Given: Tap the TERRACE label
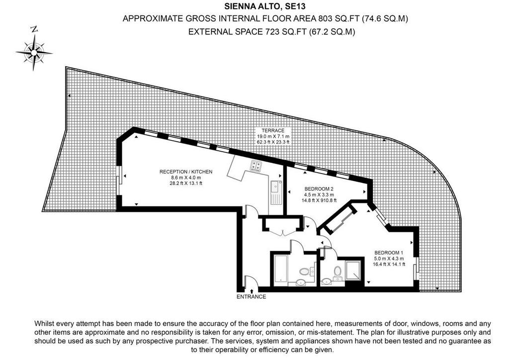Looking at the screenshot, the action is point(273,130).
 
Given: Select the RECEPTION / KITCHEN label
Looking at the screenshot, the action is point(186,172).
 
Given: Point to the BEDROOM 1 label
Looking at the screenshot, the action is point(389,253).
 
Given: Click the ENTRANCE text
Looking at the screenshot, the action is point(251,297).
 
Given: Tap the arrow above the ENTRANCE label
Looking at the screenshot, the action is point(252,291).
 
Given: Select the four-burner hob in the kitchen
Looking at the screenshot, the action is point(255,166).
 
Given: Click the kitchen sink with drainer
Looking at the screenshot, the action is point(276,192).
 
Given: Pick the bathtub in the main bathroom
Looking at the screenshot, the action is point(280,269).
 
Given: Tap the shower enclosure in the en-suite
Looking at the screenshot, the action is point(353,270).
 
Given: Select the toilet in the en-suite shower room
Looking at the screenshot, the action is point(338,271).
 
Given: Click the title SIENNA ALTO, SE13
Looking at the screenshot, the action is point(265,6).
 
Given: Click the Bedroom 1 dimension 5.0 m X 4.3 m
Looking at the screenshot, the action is point(389,259).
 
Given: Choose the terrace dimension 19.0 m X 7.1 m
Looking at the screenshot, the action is point(273,136).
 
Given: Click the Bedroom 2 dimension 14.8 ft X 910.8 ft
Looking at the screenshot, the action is point(319,200).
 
